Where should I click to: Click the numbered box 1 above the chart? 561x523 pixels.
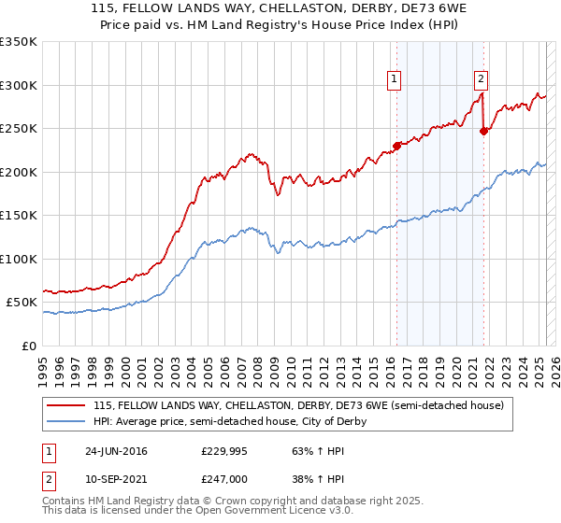[395, 80]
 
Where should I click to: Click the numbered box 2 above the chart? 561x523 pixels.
[481, 80]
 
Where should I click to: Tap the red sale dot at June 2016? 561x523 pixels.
[396, 145]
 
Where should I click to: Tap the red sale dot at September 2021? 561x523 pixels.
[483, 131]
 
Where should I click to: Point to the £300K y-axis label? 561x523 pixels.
[19, 85]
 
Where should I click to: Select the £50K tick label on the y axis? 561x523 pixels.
[22, 303]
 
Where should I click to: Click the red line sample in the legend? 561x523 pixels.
[65, 405]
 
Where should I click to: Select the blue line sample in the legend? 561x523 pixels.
[65, 421]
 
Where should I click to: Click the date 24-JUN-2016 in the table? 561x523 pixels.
[116, 450]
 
